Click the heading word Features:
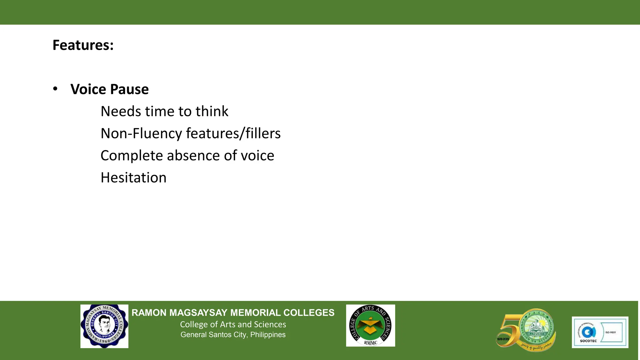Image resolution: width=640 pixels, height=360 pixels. [83, 45]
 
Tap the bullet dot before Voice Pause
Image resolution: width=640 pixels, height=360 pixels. [55, 89]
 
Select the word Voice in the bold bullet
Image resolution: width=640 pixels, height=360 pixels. [88, 89]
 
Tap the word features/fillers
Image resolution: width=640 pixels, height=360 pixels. [233, 133]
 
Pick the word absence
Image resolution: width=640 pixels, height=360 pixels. [193, 156]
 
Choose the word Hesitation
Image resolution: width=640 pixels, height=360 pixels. [133, 178]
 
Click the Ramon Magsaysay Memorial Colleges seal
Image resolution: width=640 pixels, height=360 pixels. [104, 326]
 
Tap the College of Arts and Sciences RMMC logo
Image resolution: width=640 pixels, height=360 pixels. [370, 326]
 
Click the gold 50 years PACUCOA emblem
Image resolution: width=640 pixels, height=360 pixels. [526, 330]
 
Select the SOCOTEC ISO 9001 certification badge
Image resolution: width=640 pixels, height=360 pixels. [600, 332]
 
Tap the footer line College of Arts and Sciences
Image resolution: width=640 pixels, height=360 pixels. [233, 324]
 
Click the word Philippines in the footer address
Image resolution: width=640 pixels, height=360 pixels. [268, 335]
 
